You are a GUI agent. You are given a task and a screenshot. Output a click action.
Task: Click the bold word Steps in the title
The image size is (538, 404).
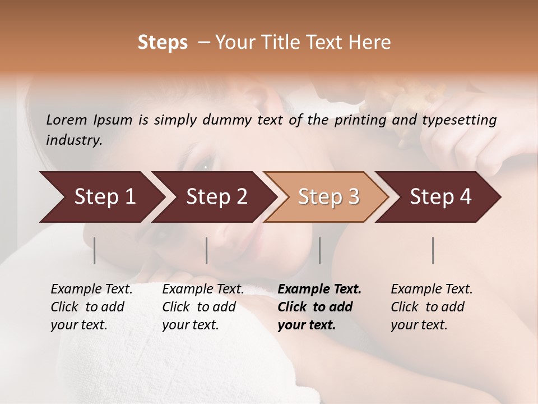pos(163,43)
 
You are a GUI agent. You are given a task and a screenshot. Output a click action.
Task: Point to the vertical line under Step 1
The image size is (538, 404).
pos(95,250)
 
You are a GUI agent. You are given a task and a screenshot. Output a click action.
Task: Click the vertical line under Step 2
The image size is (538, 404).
pos(207,250)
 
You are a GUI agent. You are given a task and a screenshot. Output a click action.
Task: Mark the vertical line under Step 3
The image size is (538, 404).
pos(320,250)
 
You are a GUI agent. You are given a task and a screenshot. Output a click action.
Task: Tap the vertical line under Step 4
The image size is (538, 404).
pos(433,250)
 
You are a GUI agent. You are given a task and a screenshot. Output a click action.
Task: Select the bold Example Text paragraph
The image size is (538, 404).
pos(319,307)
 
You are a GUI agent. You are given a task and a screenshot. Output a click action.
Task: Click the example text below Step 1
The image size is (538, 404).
pos(91,307)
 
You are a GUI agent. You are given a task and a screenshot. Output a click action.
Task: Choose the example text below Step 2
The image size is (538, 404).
pos(203,307)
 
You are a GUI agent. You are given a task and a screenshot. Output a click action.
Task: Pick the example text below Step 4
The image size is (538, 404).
pos(432,307)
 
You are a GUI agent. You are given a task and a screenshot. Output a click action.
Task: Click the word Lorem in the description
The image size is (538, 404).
pos(67,120)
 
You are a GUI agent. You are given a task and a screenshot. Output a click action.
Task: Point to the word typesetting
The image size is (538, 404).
pos(461,120)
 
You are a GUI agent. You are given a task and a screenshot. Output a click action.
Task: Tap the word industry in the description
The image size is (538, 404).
pos(74,140)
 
